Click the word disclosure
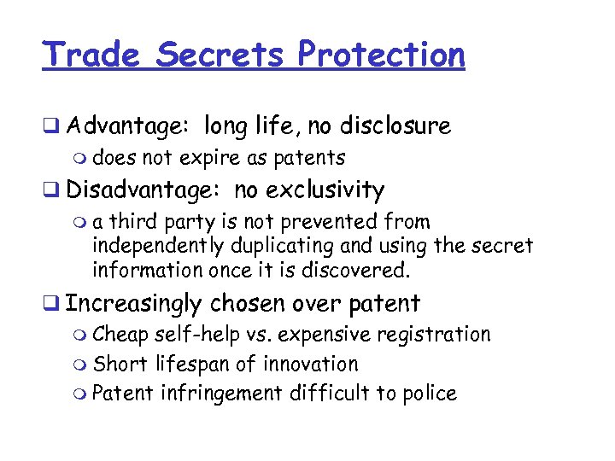395,126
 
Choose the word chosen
249,303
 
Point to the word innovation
310,364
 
